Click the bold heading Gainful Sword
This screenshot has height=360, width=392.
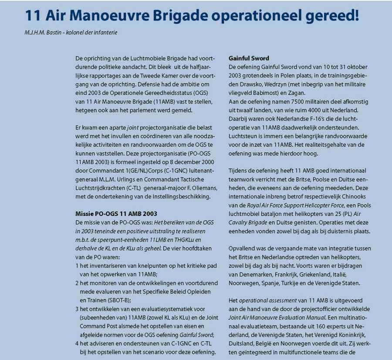coord(249,58)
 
